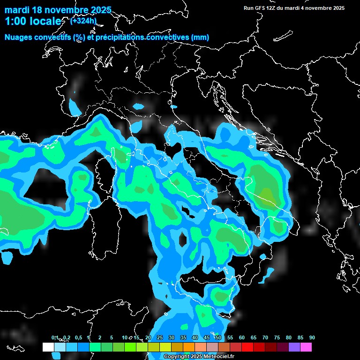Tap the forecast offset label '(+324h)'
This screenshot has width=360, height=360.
click(83, 21)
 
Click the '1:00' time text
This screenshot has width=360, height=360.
click(14, 21)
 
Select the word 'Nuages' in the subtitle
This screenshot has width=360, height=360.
click(19, 37)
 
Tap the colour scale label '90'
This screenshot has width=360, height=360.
click(312, 337)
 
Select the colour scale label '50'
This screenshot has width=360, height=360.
click(218, 337)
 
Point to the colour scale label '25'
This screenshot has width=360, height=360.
click(160, 337)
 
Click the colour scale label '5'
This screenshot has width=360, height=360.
click(112, 337)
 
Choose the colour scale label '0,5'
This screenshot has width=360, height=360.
click(78, 337)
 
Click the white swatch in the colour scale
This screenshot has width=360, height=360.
click(48, 347)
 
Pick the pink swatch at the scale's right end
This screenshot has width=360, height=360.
click(306, 347)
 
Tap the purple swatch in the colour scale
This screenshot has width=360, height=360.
click(294, 347)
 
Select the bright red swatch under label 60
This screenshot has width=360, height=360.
click(247, 347)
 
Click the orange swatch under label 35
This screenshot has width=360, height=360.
click(188, 347)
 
